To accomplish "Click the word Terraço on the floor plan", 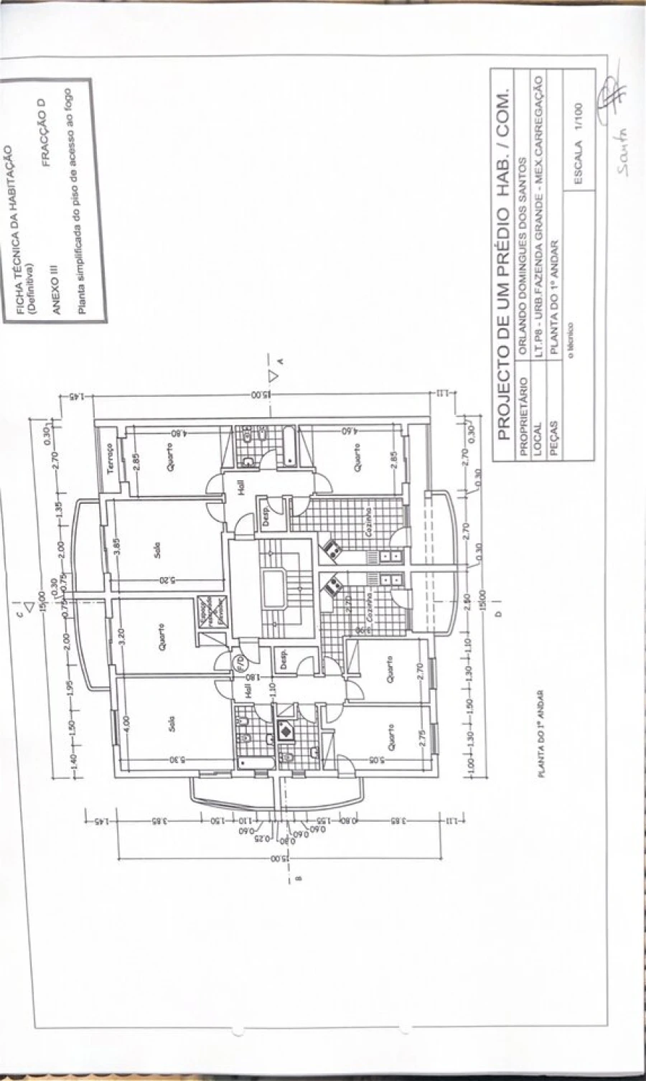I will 110,457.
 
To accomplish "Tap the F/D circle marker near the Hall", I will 220,659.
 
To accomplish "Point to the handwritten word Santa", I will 622,154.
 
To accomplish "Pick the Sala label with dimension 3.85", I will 156,549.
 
